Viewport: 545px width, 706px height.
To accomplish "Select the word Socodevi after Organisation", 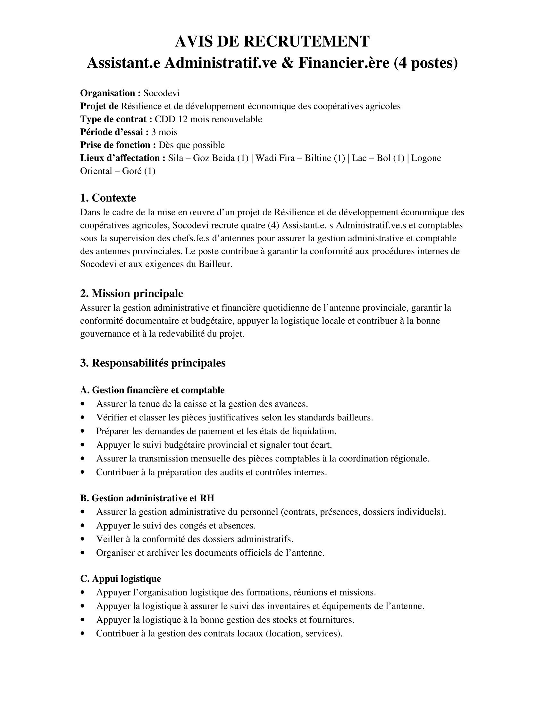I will click(162, 93).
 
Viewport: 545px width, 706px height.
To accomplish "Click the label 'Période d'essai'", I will click(114, 132).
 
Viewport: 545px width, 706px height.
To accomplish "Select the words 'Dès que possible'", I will click(191, 145).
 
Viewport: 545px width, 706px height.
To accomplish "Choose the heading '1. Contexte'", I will click(108, 197).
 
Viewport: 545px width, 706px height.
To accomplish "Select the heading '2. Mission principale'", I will click(131, 293).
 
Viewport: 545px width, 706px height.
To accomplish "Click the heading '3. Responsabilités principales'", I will click(153, 363).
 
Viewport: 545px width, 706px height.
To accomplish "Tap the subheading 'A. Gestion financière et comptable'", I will click(152, 390).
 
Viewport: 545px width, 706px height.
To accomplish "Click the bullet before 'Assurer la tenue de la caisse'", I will click(83, 404).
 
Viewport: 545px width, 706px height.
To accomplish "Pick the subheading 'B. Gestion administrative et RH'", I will click(147, 498).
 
